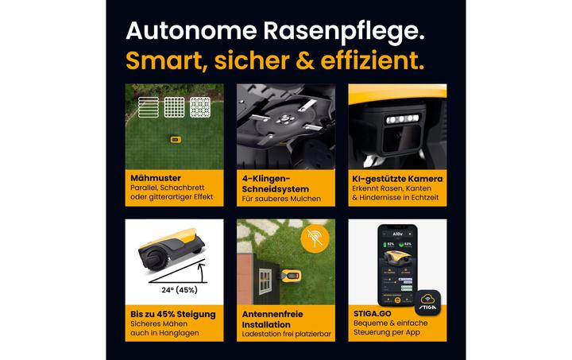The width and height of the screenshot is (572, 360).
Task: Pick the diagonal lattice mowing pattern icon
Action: coord(200,107)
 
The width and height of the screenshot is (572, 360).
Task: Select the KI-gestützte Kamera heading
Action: coord(396,179)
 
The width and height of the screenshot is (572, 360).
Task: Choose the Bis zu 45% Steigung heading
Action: coord(173,314)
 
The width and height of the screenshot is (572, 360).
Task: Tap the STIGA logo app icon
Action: coord(427,302)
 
